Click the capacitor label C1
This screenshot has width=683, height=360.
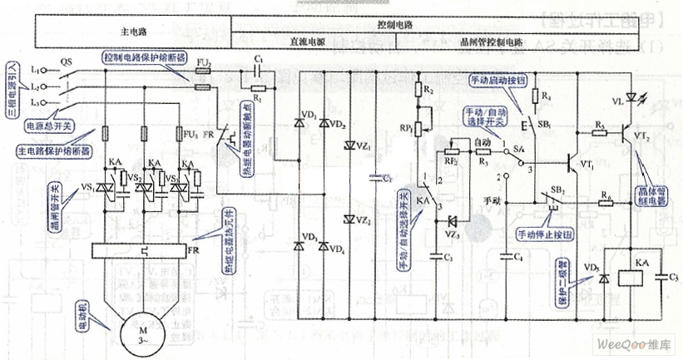(x=260, y=61)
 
